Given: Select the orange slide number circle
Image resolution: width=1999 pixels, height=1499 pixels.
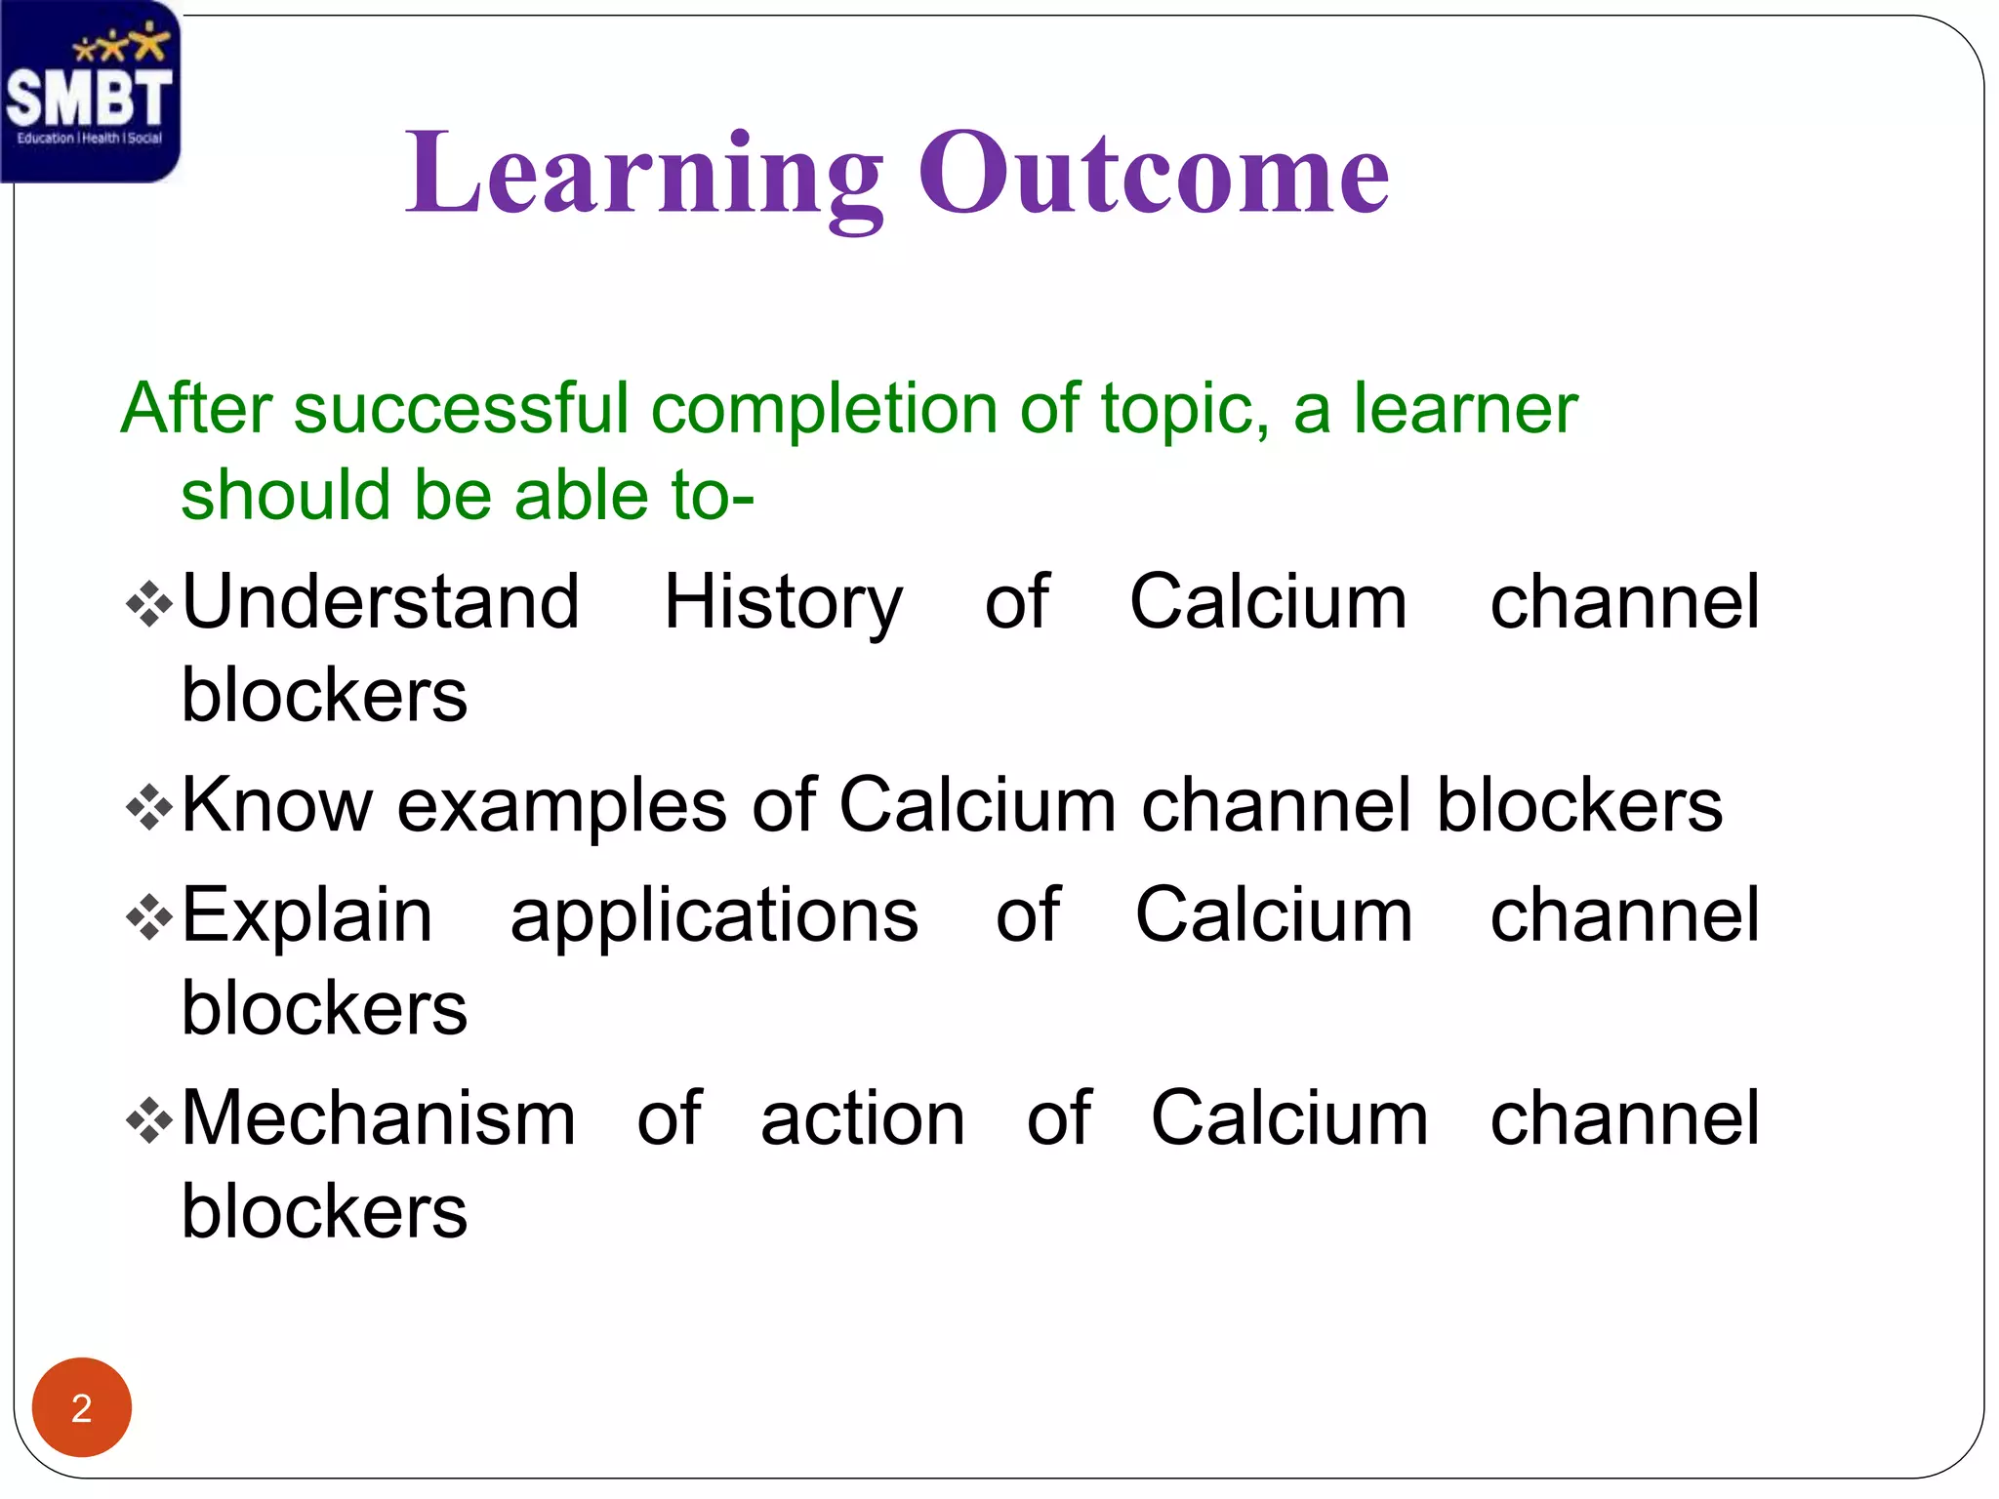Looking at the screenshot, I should click(x=82, y=1407).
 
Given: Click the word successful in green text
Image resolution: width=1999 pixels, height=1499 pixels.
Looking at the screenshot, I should click(x=461, y=408).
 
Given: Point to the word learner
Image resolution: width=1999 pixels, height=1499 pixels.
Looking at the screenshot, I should click(x=1464, y=408).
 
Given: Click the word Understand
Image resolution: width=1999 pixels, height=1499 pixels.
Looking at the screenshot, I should click(x=381, y=602).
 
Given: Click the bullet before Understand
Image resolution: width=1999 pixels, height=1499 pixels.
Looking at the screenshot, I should click(x=149, y=604).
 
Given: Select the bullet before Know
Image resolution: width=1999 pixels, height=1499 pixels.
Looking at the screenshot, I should click(x=149, y=807).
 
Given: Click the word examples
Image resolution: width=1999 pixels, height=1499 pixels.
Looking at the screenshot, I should click(x=561, y=807).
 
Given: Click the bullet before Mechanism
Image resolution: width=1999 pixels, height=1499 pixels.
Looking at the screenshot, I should click(x=149, y=1120).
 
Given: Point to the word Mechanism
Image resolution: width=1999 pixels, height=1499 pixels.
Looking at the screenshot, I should click(x=379, y=1118).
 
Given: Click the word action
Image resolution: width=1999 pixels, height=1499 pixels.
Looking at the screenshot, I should click(x=863, y=1118).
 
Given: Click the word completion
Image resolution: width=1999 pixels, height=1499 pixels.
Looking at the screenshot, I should click(x=824, y=410).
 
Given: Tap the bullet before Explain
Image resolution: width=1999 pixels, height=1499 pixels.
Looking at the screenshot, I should click(x=149, y=917).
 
